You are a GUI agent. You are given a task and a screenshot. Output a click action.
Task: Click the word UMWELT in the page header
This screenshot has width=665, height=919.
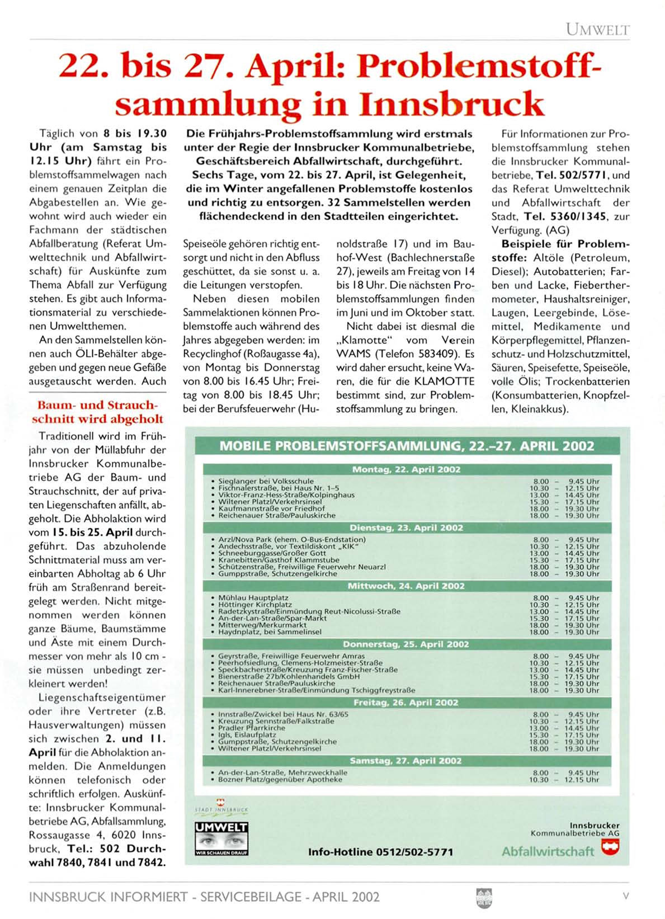597,29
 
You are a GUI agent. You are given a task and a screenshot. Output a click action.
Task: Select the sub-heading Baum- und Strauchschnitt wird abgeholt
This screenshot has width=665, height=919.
97,412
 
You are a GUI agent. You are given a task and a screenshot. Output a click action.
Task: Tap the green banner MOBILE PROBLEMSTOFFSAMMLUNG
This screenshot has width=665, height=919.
407,446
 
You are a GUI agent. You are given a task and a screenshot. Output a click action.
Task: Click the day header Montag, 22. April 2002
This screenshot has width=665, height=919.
407,470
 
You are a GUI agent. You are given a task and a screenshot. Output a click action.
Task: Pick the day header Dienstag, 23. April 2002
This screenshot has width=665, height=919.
407,528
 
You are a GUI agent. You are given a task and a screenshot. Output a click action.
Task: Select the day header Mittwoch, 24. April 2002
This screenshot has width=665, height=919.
407,586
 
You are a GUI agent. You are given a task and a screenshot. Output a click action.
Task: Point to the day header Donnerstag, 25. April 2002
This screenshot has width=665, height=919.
407,644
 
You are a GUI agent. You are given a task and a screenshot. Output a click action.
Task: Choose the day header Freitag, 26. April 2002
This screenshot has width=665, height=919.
407,703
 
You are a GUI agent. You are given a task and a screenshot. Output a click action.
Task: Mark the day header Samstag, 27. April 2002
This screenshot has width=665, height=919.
407,761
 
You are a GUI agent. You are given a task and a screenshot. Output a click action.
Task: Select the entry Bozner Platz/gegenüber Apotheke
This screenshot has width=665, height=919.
280,779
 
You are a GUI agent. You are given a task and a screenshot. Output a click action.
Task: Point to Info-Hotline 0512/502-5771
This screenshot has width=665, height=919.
380,852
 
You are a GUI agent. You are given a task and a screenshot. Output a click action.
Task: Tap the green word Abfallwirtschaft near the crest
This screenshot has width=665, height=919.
548,851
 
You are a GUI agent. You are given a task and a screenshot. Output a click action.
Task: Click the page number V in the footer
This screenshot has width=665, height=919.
626,896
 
